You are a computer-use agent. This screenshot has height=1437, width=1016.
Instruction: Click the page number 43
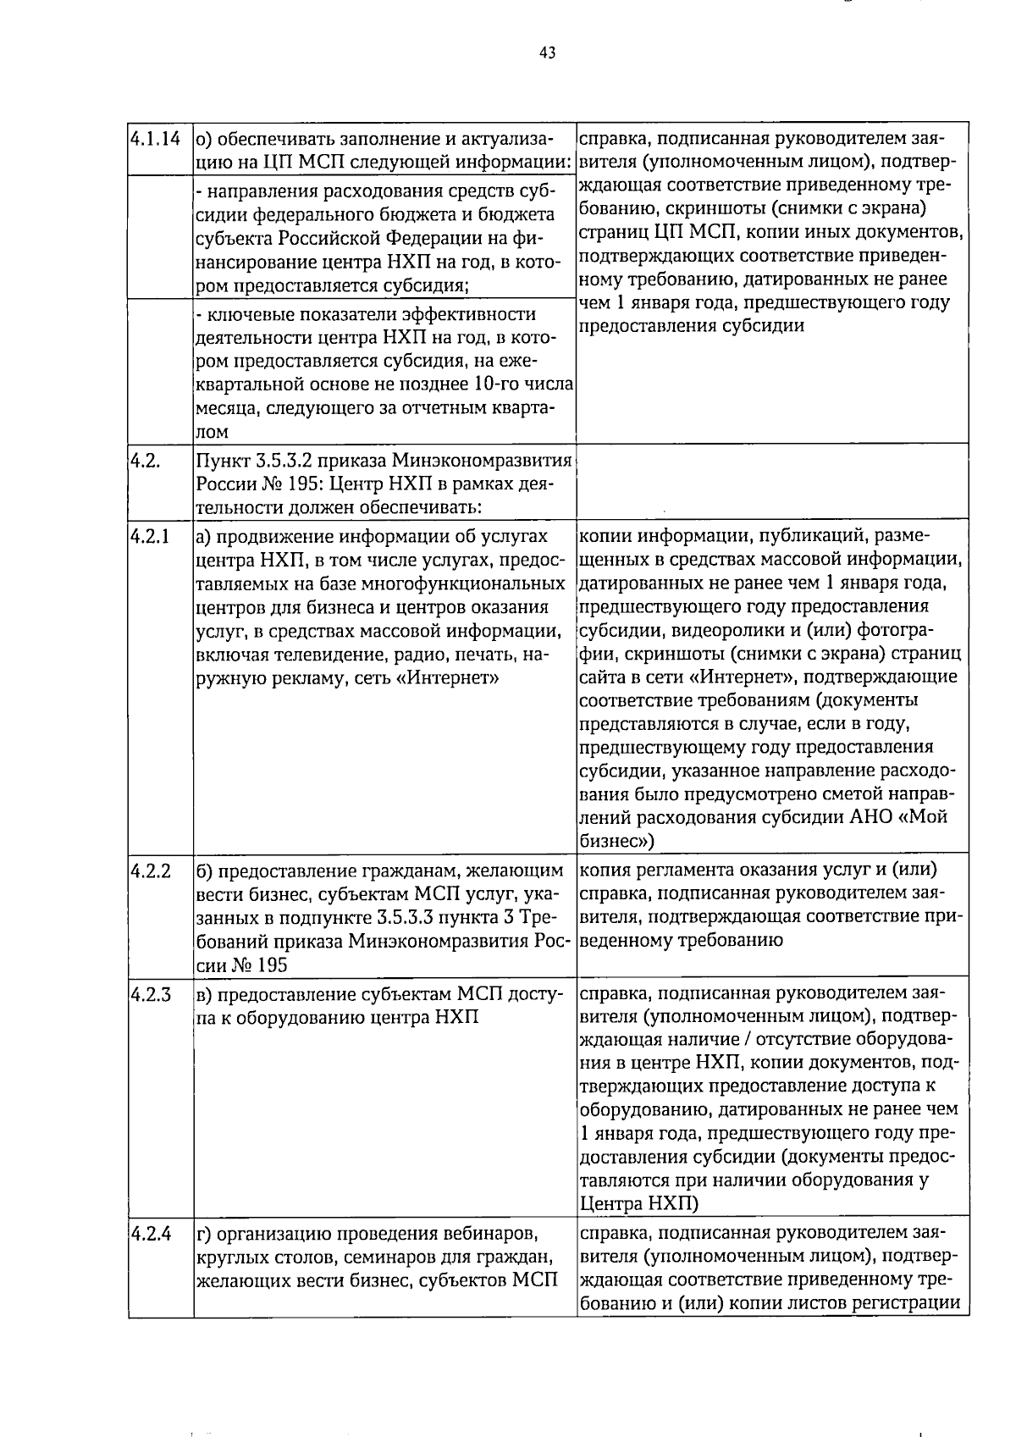tap(547, 53)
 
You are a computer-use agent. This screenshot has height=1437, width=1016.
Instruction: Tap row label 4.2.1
tap(150, 537)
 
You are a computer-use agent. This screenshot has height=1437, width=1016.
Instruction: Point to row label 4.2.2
tap(150, 870)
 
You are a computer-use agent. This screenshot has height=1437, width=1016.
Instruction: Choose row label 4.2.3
tap(150, 993)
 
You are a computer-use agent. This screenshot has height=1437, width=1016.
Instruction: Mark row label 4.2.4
tap(150, 1234)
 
